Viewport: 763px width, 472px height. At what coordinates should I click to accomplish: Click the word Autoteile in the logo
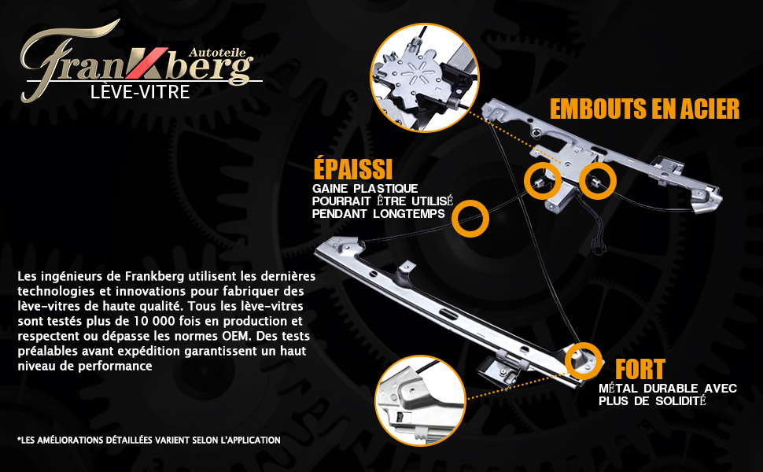[216, 53]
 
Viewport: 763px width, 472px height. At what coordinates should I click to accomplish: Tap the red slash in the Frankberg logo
[146, 63]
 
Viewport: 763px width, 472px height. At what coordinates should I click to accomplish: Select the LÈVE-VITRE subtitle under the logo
[140, 92]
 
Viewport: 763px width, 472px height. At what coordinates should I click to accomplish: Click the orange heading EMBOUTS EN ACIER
[645, 109]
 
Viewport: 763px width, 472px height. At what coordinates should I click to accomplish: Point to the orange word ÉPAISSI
[353, 168]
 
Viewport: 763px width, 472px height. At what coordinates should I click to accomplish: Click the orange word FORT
[640, 370]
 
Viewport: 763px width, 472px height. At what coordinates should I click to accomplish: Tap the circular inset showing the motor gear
[424, 77]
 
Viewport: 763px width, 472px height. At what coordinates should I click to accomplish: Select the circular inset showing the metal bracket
[420, 400]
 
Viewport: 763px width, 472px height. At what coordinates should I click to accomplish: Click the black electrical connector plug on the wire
[598, 246]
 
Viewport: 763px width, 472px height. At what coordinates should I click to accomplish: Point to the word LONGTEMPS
[409, 214]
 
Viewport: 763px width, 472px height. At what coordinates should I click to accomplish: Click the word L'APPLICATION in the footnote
[250, 440]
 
